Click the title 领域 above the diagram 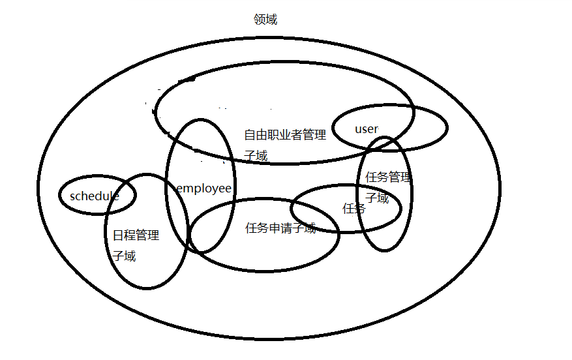pyautogui.click(x=265, y=20)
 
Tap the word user pyautogui.click(x=366, y=128)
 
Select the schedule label pyautogui.click(x=95, y=196)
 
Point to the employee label pyautogui.click(x=204, y=188)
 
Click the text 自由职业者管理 pyautogui.click(x=285, y=136)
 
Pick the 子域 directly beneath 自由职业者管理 pyautogui.click(x=256, y=156)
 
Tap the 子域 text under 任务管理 pyautogui.click(x=377, y=198)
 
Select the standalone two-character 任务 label pyautogui.click(x=354, y=209)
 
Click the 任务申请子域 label pyautogui.click(x=280, y=228)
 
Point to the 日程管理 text pyautogui.click(x=136, y=235)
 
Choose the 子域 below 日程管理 pyautogui.click(x=125, y=256)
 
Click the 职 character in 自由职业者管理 pyautogui.click(x=275, y=136)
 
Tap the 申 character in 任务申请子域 pyautogui.click(x=280, y=228)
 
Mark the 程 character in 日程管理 pyautogui.click(x=130, y=235)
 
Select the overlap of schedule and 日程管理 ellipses pyautogui.click(x=121, y=196)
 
